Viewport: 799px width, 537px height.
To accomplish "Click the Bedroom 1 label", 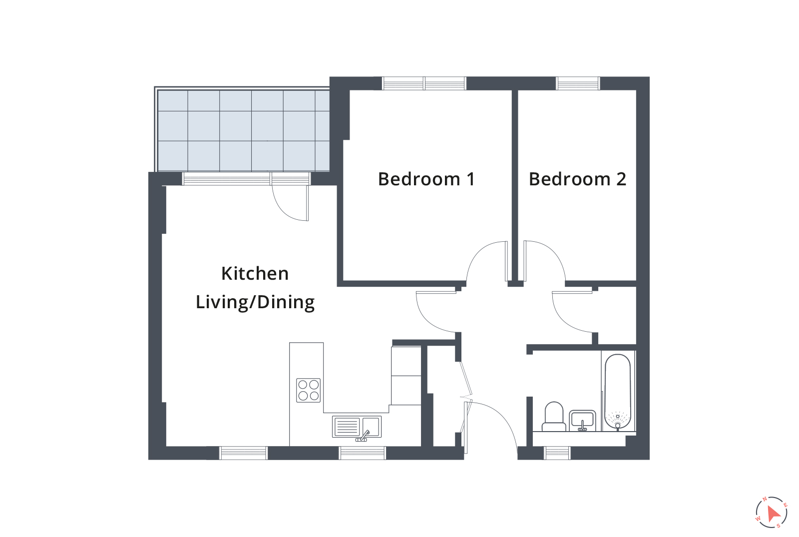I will (426, 179).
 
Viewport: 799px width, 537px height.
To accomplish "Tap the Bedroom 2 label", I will (577, 179).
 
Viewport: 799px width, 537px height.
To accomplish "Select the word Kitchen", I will (255, 273).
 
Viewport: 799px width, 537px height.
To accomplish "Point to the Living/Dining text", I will (255, 302).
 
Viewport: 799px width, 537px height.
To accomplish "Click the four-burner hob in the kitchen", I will (308, 390).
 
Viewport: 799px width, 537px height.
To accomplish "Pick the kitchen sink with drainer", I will (357, 427).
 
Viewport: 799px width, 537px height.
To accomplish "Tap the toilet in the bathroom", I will (553, 417).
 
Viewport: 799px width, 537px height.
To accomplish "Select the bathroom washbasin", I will (582, 420).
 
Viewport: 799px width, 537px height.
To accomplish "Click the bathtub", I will (618, 393).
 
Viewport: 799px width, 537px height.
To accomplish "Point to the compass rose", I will (772, 512).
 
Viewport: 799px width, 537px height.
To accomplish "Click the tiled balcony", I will (243, 130).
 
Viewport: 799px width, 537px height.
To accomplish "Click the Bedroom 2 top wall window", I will (578, 83).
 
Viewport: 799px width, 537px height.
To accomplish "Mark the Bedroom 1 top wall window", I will (424, 83).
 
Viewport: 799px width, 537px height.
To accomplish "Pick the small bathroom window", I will (557, 453).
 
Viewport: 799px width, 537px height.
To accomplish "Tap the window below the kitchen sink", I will (363, 453).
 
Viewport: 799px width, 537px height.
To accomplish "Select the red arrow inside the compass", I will (774, 514).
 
